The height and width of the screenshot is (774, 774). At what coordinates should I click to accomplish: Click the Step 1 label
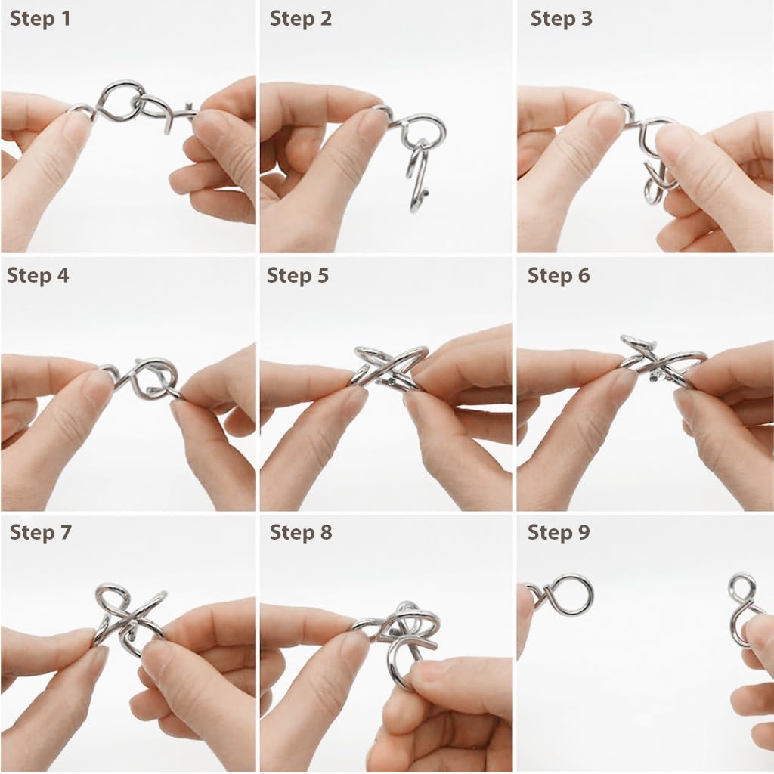40,19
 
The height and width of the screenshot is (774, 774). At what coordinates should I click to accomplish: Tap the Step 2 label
301,19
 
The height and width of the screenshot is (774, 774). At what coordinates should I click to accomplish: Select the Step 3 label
562,19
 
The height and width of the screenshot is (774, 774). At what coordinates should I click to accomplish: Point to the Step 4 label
38,275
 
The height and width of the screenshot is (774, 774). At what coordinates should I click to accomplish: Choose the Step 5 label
298,275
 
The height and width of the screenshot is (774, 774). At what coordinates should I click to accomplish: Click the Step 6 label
559,275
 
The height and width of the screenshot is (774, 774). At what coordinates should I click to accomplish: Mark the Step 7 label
41,533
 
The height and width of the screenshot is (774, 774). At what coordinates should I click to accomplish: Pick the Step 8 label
301,533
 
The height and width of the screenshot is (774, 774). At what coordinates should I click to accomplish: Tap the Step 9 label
559,533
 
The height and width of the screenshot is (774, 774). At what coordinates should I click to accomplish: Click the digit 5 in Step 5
323,275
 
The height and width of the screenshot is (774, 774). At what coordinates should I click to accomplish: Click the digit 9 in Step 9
584,533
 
